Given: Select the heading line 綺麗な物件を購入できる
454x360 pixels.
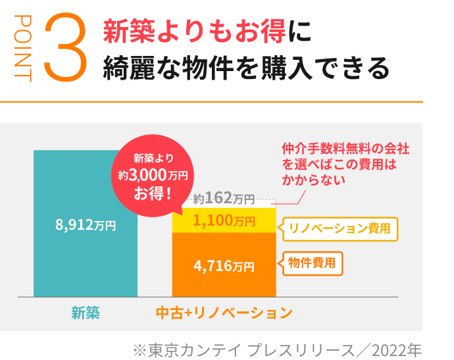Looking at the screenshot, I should click(x=246, y=68).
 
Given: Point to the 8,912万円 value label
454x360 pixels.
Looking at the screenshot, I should click(x=86, y=225).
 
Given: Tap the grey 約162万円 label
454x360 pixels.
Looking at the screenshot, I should click(x=224, y=197).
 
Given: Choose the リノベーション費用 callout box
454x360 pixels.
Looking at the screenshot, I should click(x=340, y=228).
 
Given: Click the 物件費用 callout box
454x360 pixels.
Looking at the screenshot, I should click(x=312, y=263).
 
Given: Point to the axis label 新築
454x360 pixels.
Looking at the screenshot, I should click(x=86, y=313).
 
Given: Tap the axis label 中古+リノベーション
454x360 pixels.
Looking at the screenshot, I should click(x=224, y=313).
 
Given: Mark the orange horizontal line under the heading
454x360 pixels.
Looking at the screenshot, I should click(x=211, y=102).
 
